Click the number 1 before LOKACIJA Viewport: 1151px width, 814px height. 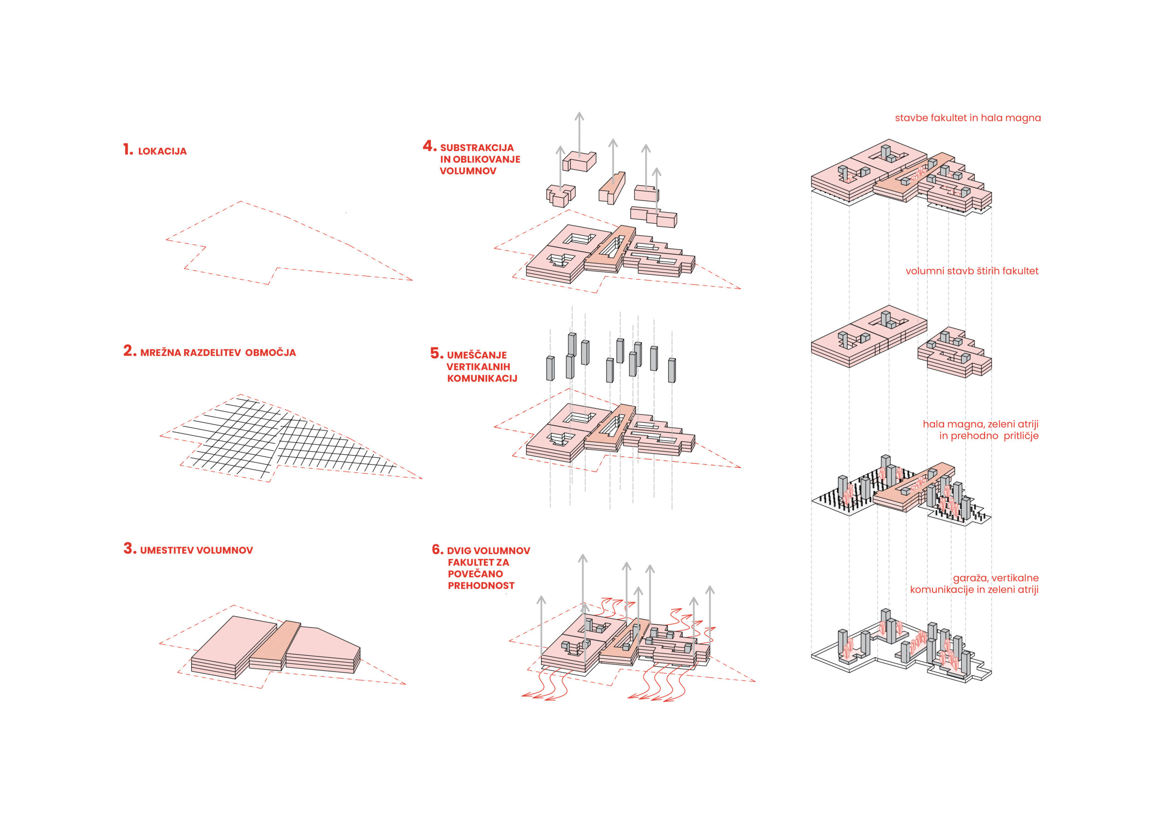pyautogui.click(x=128, y=149)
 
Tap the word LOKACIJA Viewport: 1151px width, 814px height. pyautogui.click(x=163, y=151)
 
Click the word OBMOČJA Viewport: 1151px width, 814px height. pyautogui.click(x=271, y=352)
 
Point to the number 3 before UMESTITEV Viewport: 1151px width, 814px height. pyautogui.click(x=130, y=548)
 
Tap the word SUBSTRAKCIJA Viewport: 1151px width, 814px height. pyautogui.click(x=477, y=148)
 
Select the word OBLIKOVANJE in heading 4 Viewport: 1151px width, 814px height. pyautogui.click(x=487, y=159)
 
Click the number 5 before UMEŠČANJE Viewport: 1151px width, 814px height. pyautogui.click(x=436, y=354)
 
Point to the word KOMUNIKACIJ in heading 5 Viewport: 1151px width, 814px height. pyautogui.click(x=482, y=378)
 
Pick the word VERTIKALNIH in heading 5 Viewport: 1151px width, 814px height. pyautogui.click(x=478, y=367)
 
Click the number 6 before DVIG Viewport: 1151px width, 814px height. pyautogui.click(x=438, y=549)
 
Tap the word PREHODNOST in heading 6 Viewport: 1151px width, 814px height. pyautogui.click(x=481, y=586)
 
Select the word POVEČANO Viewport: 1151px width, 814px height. pyautogui.click(x=475, y=574)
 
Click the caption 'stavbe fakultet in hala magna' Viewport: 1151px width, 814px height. pyautogui.click(x=968, y=118)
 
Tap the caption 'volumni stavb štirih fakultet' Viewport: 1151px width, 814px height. pyautogui.click(x=972, y=271)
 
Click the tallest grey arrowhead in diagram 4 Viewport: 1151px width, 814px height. pyautogui.click(x=580, y=117)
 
